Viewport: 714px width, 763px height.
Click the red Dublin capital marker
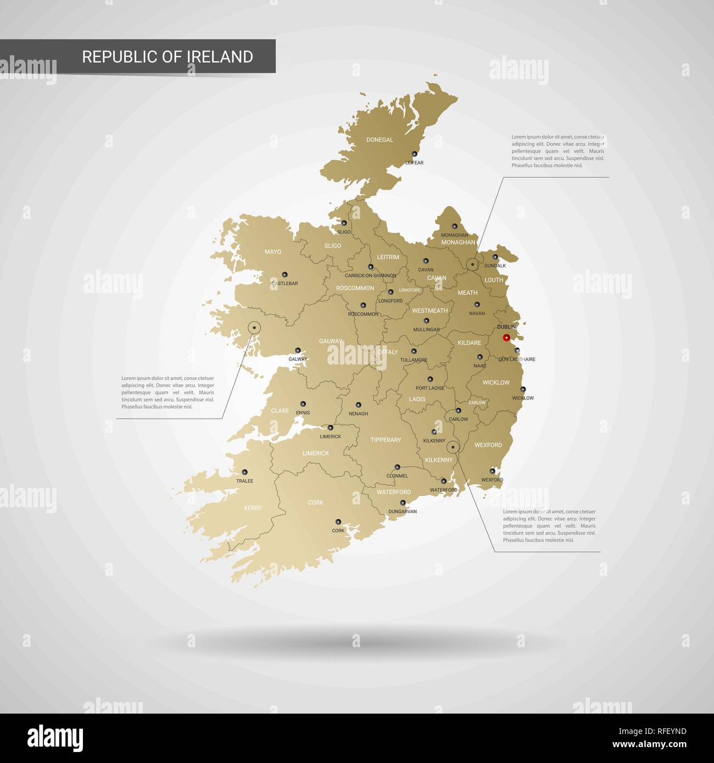(506, 338)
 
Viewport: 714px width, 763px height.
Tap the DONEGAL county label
(380, 140)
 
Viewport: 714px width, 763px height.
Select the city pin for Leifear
(415, 154)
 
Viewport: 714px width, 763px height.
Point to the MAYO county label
(272, 252)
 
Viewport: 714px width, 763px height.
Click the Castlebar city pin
(285, 274)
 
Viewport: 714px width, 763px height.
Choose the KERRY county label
(253, 508)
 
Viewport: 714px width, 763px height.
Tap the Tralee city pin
(245, 472)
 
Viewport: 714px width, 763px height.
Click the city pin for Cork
(338, 521)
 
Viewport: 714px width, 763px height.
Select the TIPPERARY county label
(386, 440)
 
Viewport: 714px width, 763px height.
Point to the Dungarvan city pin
(403, 502)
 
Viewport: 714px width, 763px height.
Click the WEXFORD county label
(488, 445)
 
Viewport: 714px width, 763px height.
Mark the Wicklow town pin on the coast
(523, 390)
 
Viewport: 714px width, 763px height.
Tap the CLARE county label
(280, 411)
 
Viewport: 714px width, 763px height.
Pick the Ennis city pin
(303, 404)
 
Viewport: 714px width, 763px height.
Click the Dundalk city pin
(495, 257)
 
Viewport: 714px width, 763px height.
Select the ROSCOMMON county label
(355, 288)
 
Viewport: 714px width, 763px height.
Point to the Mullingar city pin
(426, 321)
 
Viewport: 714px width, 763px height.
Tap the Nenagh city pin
(358, 405)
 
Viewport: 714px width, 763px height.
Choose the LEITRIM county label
(388, 257)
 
